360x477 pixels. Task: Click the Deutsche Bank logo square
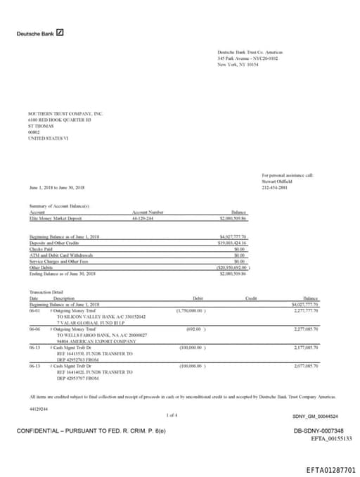tap(60, 33)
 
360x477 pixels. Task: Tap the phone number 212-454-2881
tap(274, 188)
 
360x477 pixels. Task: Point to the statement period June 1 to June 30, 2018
tap(57, 188)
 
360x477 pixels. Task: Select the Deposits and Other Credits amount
tap(234, 241)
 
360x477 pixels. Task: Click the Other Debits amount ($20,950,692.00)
tap(235, 267)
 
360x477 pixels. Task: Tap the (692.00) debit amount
tap(195, 328)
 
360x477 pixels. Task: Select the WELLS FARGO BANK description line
tap(91, 334)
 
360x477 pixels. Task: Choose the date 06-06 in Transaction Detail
tap(35, 328)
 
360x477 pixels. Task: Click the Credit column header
tap(251, 298)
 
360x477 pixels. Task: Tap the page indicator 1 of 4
tap(172, 416)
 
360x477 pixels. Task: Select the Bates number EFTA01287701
tap(331, 469)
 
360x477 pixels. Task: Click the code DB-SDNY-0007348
tap(319, 430)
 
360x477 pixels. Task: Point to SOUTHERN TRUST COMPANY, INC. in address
tap(65, 113)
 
